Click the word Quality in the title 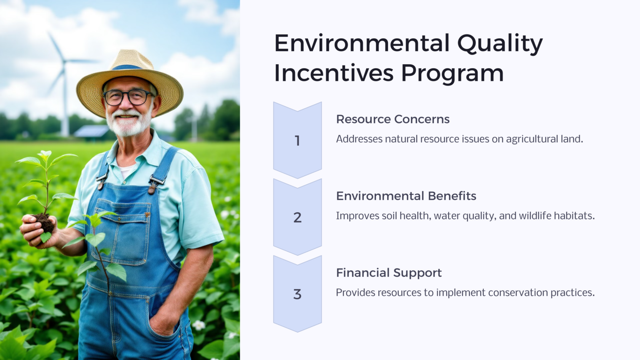pos(500,44)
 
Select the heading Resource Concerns pos(392,119)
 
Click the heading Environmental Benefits pos(406,196)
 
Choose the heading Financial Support pos(388,273)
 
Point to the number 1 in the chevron pos(297,141)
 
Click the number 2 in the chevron pos(297,217)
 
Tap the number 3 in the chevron pos(297,294)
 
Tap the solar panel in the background pos(91,132)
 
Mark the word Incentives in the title pos(333,73)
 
